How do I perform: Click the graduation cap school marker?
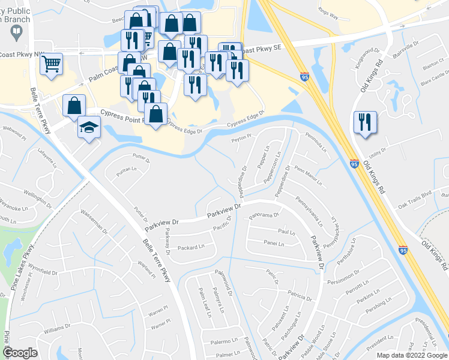89,127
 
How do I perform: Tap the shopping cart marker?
52,62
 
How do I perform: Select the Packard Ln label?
191,246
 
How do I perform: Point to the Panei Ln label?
274,243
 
